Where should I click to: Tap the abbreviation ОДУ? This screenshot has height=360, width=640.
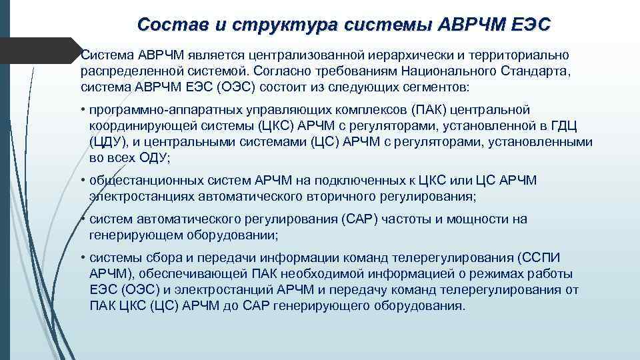pos(151,158)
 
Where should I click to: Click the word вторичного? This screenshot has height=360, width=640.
pos(351,197)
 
